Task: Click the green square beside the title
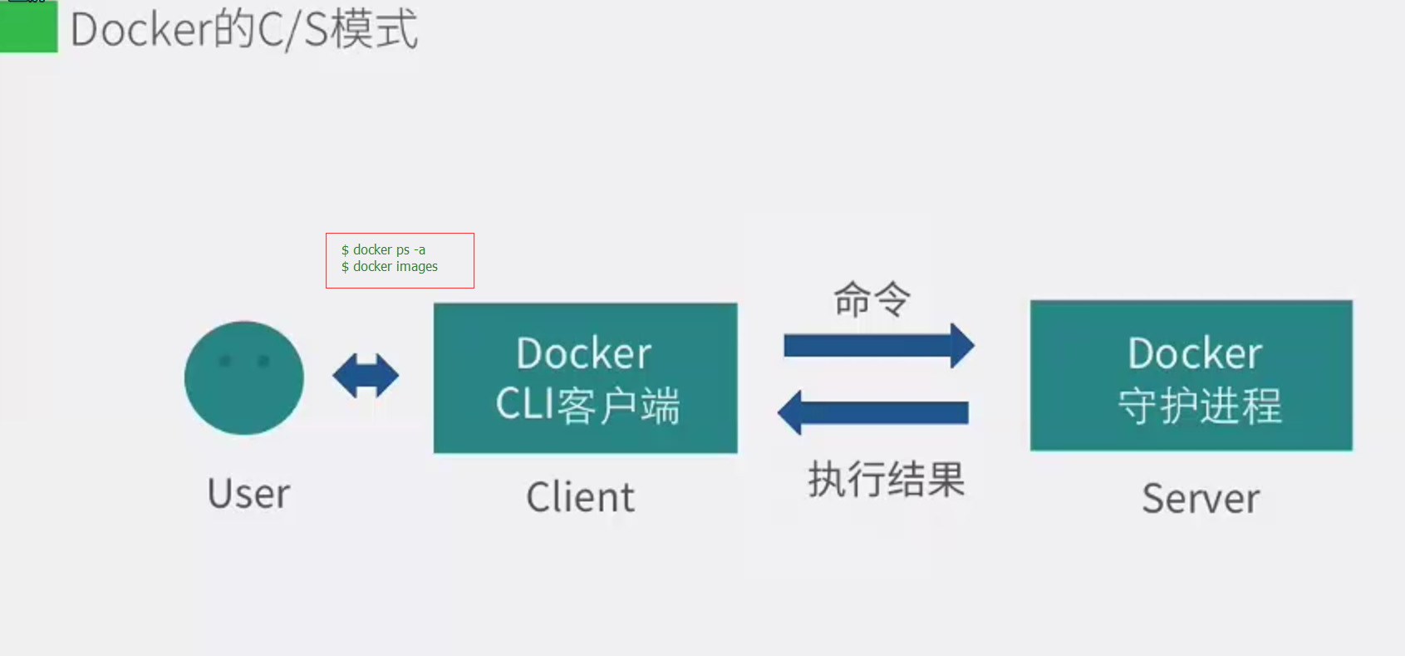[28, 27]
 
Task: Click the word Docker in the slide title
[141, 30]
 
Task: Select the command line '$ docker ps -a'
[383, 249]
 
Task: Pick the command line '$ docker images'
[389, 267]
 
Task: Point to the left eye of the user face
[224, 361]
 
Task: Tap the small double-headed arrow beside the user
[366, 376]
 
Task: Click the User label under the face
[248, 494]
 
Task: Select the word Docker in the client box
[583, 354]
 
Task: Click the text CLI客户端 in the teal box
[587, 405]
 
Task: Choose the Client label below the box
[580, 497]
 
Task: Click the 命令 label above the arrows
[872, 299]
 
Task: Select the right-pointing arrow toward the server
[872, 345]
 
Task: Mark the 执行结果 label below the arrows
[887, 479]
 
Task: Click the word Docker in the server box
[1194, 354]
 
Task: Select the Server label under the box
[1200, 499]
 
